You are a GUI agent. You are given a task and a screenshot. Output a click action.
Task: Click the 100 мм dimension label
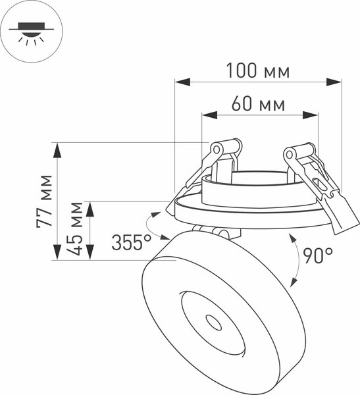tap(257, 70)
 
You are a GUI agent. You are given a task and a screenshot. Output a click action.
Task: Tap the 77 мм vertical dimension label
tap(44, 201)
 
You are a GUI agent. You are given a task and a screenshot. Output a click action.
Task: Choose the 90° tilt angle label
tap(318, 255)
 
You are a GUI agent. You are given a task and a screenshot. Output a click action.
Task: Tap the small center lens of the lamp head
tap(213, 323)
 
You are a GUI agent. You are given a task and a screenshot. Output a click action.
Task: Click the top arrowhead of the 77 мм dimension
tap(58, 151)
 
